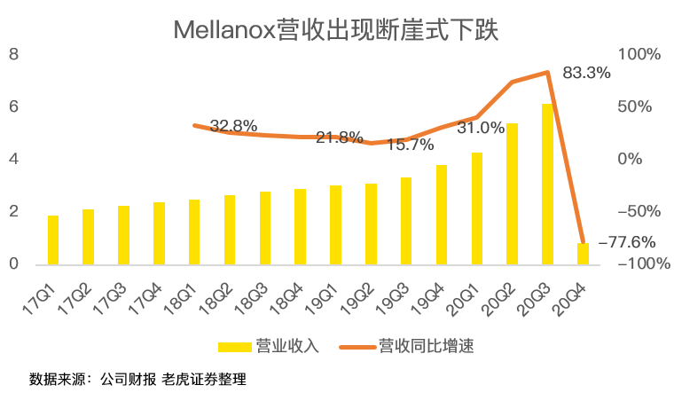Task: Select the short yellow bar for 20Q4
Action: pos(583,254)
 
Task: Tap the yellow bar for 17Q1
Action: pos(53,240)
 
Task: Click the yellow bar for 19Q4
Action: pos(442,215)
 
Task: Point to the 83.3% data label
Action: pos(587,74)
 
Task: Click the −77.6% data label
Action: pos(627,241)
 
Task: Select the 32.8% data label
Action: pos(233,125)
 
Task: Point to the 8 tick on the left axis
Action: pos(13,55)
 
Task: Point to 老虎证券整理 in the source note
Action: pos(204,379)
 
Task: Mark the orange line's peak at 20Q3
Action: pos(548,73)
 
